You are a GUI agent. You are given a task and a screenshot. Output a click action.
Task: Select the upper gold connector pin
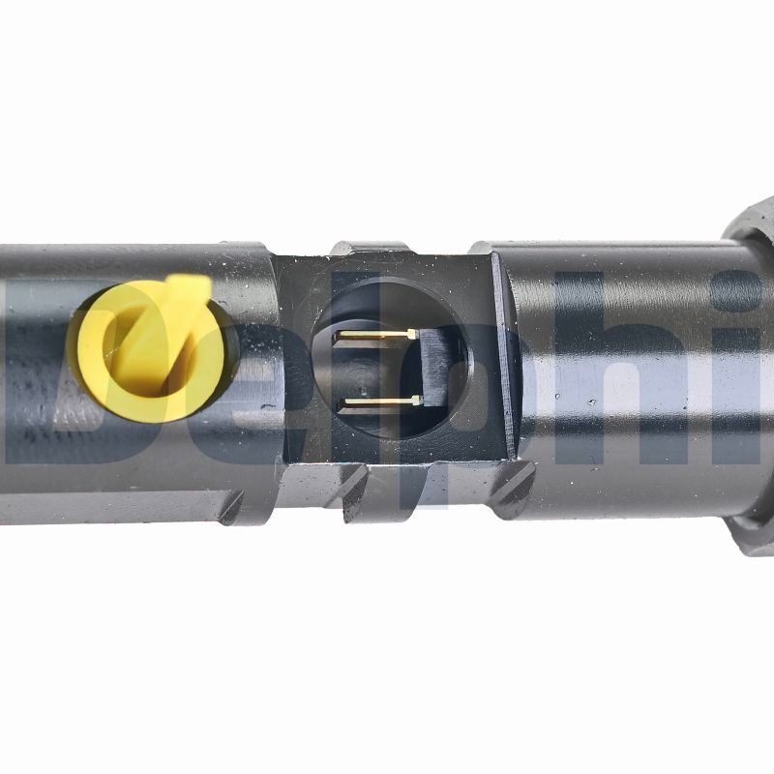point(377,335)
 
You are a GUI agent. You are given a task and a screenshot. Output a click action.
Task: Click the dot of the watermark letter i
point(744,290)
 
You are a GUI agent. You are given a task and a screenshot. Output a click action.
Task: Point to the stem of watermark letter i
point(744,397)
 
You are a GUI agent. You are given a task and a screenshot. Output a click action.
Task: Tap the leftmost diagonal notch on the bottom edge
point(232,507)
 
